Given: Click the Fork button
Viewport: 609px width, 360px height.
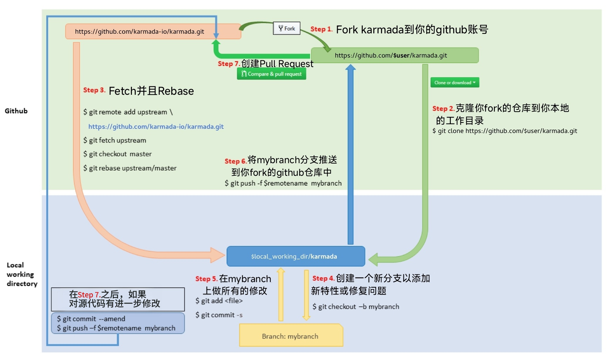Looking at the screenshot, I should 287,28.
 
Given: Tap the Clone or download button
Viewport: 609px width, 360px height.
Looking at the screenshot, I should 455,82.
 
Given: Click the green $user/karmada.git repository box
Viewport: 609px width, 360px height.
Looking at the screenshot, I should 394,55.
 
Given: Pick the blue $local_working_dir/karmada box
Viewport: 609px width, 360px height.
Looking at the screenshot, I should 296,256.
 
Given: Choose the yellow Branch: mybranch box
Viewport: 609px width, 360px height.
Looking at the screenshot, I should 290,336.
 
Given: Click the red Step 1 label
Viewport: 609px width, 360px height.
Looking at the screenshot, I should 321,29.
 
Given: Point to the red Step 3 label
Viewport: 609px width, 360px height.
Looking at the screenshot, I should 94,90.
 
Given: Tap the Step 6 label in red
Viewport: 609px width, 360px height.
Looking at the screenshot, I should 235,161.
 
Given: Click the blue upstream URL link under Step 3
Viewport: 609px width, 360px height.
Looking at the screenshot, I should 156,127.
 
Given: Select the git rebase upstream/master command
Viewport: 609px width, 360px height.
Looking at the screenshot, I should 130,168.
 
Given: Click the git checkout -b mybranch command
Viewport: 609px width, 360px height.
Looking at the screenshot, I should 356,307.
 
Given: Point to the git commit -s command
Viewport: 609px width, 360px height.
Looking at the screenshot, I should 219,315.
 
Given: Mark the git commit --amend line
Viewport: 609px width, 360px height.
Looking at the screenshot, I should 91,319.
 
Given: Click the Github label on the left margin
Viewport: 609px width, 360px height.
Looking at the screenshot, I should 16,111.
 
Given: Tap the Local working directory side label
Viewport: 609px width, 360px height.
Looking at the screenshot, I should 21,274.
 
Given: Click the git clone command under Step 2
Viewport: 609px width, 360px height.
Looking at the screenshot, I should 505,131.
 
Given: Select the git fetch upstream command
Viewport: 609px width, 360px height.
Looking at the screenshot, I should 115,140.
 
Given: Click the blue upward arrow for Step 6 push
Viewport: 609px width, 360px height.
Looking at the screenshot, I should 350,154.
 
